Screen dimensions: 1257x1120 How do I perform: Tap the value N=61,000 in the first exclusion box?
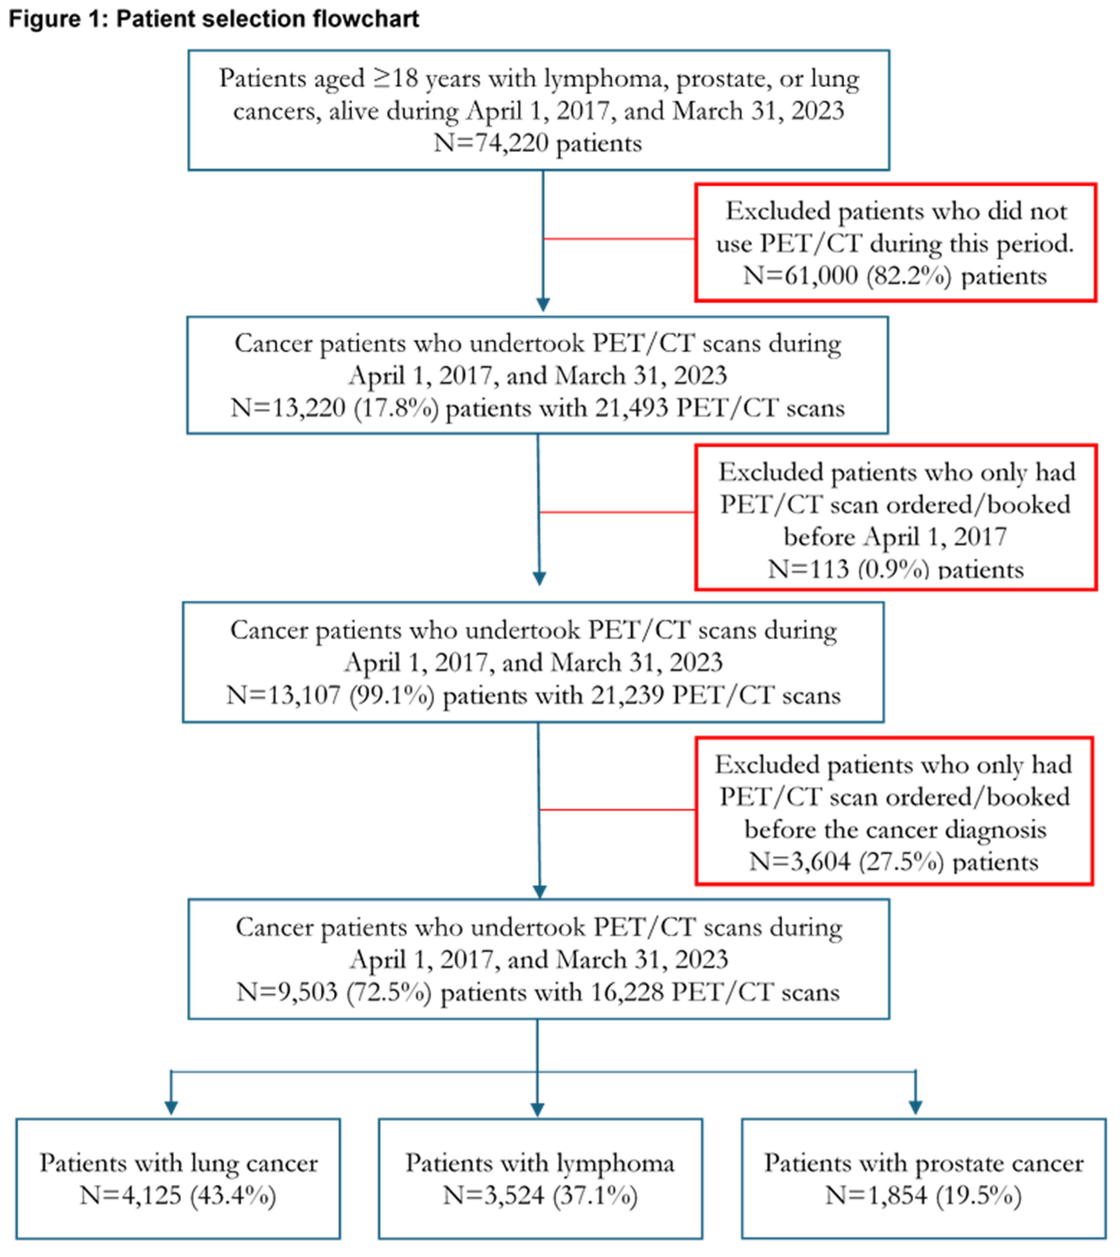point(800,275)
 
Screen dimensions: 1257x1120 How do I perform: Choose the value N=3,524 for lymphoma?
point(494,1195)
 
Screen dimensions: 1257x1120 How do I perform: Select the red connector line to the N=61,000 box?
point(618,239)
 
